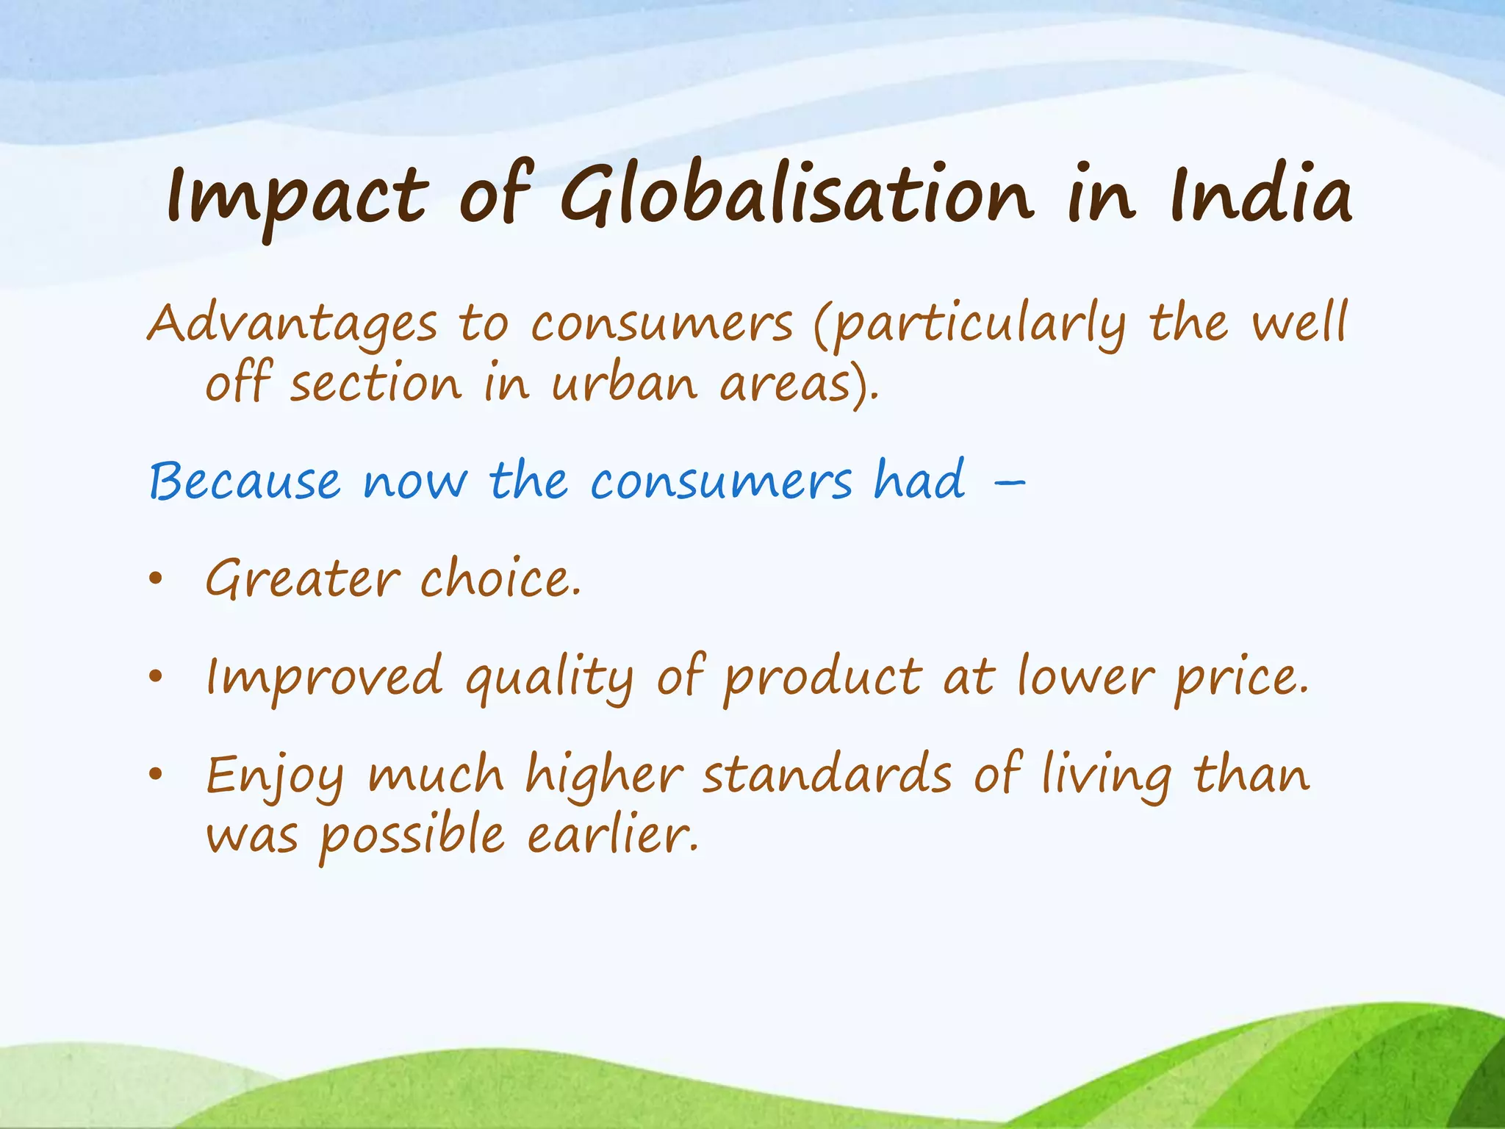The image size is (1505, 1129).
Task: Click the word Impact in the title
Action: click(298, 197)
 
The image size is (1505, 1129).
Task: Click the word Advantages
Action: click(292, 325)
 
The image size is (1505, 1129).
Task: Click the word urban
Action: click(624, 384)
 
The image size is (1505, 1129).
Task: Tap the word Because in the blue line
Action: click(245, 482)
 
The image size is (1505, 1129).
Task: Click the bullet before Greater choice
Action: click(154, 580)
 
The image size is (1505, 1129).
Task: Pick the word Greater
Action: click(303, 579)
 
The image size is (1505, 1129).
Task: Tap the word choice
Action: click(500, 579)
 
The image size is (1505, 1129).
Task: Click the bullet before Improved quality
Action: click(154, 677)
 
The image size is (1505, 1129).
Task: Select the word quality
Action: click(549, 678)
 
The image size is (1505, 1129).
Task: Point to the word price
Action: click(1240, 678)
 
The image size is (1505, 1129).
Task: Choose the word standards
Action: click(827, 775)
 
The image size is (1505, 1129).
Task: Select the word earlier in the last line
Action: click(612, 836)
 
